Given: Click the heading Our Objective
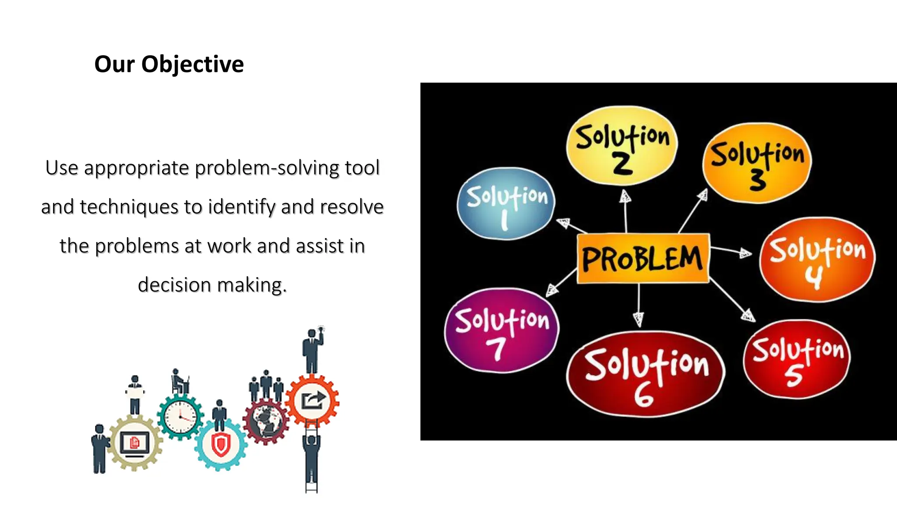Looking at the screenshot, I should tap(169, 64).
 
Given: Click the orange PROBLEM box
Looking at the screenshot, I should tap(643, 258).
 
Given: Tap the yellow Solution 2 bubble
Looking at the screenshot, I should tap(622, 145).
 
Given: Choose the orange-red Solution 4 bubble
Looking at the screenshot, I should tap(817, 259).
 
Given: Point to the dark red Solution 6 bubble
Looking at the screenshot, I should tap(646, 374).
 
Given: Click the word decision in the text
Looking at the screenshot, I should tap(174, 285).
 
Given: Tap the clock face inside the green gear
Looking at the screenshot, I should tap(180, 417).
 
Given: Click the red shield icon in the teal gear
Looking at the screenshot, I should tap(220, 445).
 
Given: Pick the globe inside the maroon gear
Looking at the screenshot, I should tap(265, 420).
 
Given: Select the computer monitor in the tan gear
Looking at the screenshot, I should tap(134, 444).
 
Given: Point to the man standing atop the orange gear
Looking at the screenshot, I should tap(312, 351).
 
